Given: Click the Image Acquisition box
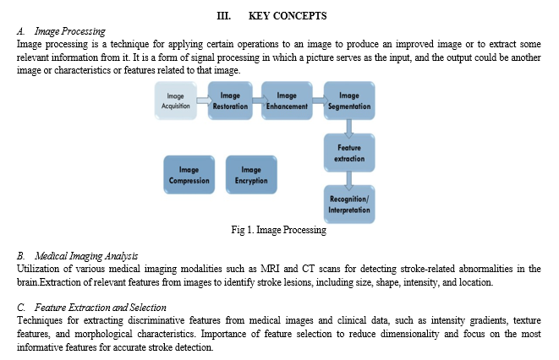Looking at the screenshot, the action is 175,101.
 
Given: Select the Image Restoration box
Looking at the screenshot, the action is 230,101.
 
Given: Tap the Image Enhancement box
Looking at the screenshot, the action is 287,101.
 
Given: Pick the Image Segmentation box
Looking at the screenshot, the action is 349,101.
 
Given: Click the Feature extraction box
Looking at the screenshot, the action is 349,153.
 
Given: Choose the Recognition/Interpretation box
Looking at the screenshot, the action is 349,205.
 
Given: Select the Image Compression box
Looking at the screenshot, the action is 189,175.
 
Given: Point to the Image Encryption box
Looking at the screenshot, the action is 251,175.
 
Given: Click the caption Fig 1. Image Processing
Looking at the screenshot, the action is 278,230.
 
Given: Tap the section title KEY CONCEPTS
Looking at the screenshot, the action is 288,16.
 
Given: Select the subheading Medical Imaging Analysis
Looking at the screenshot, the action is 86,256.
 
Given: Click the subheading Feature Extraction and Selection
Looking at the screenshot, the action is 101,308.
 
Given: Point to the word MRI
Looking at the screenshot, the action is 270,269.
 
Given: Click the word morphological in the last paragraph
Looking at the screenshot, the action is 103,334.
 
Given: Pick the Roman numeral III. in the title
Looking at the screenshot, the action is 224,16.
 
